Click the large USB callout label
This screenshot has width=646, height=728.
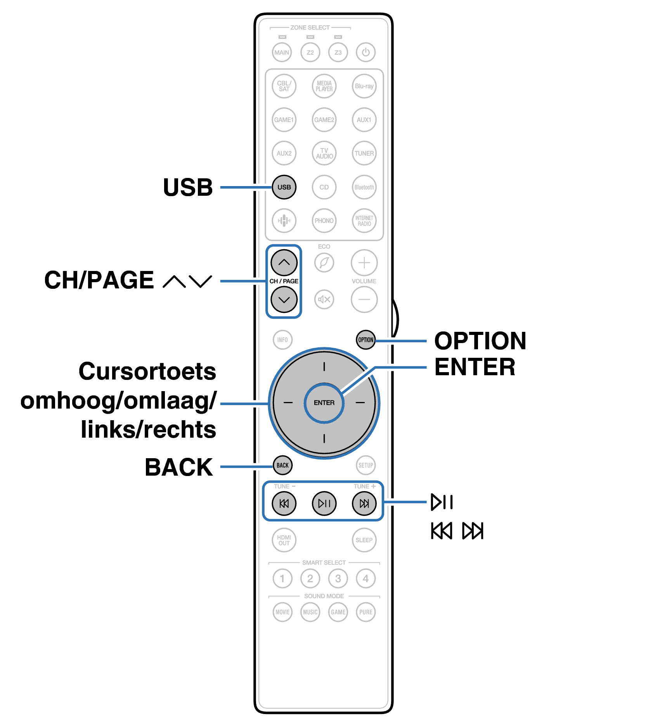click(x=188, y=188)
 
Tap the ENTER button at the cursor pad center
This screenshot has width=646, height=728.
click(x=324, y=403)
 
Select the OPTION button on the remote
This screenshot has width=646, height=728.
click(x=365, y=340)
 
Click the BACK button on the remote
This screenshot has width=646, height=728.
click(x=282, y=465)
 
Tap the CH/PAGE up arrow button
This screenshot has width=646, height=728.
click(x=284, y=262)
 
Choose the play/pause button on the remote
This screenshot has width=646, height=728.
click(x=324, y=503)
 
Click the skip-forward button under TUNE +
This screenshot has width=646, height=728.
click(x=364, y=503)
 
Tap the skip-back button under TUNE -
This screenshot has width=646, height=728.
click(x=284, y=503)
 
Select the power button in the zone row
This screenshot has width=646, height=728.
click(x=365, y=52)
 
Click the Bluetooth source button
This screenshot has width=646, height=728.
click(x=364, y=187)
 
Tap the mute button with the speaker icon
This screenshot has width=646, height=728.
click(x=324, y=299)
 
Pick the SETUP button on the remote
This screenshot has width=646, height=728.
click(x=365, y=465)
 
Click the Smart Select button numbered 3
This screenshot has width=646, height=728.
click(x=338, y=578)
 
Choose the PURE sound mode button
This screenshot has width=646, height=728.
click(x=365, y=612)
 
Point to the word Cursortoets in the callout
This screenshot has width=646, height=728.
click(x=147, y=371)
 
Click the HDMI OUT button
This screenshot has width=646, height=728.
click(x=284, y=540)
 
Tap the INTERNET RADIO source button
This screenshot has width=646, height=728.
click(x=364, y=221)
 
